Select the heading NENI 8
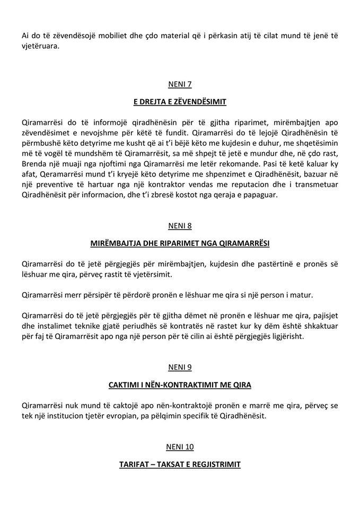click(x=180, y=226)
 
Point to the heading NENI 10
click(x=180, y=447)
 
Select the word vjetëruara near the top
click(x=41, y=46)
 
